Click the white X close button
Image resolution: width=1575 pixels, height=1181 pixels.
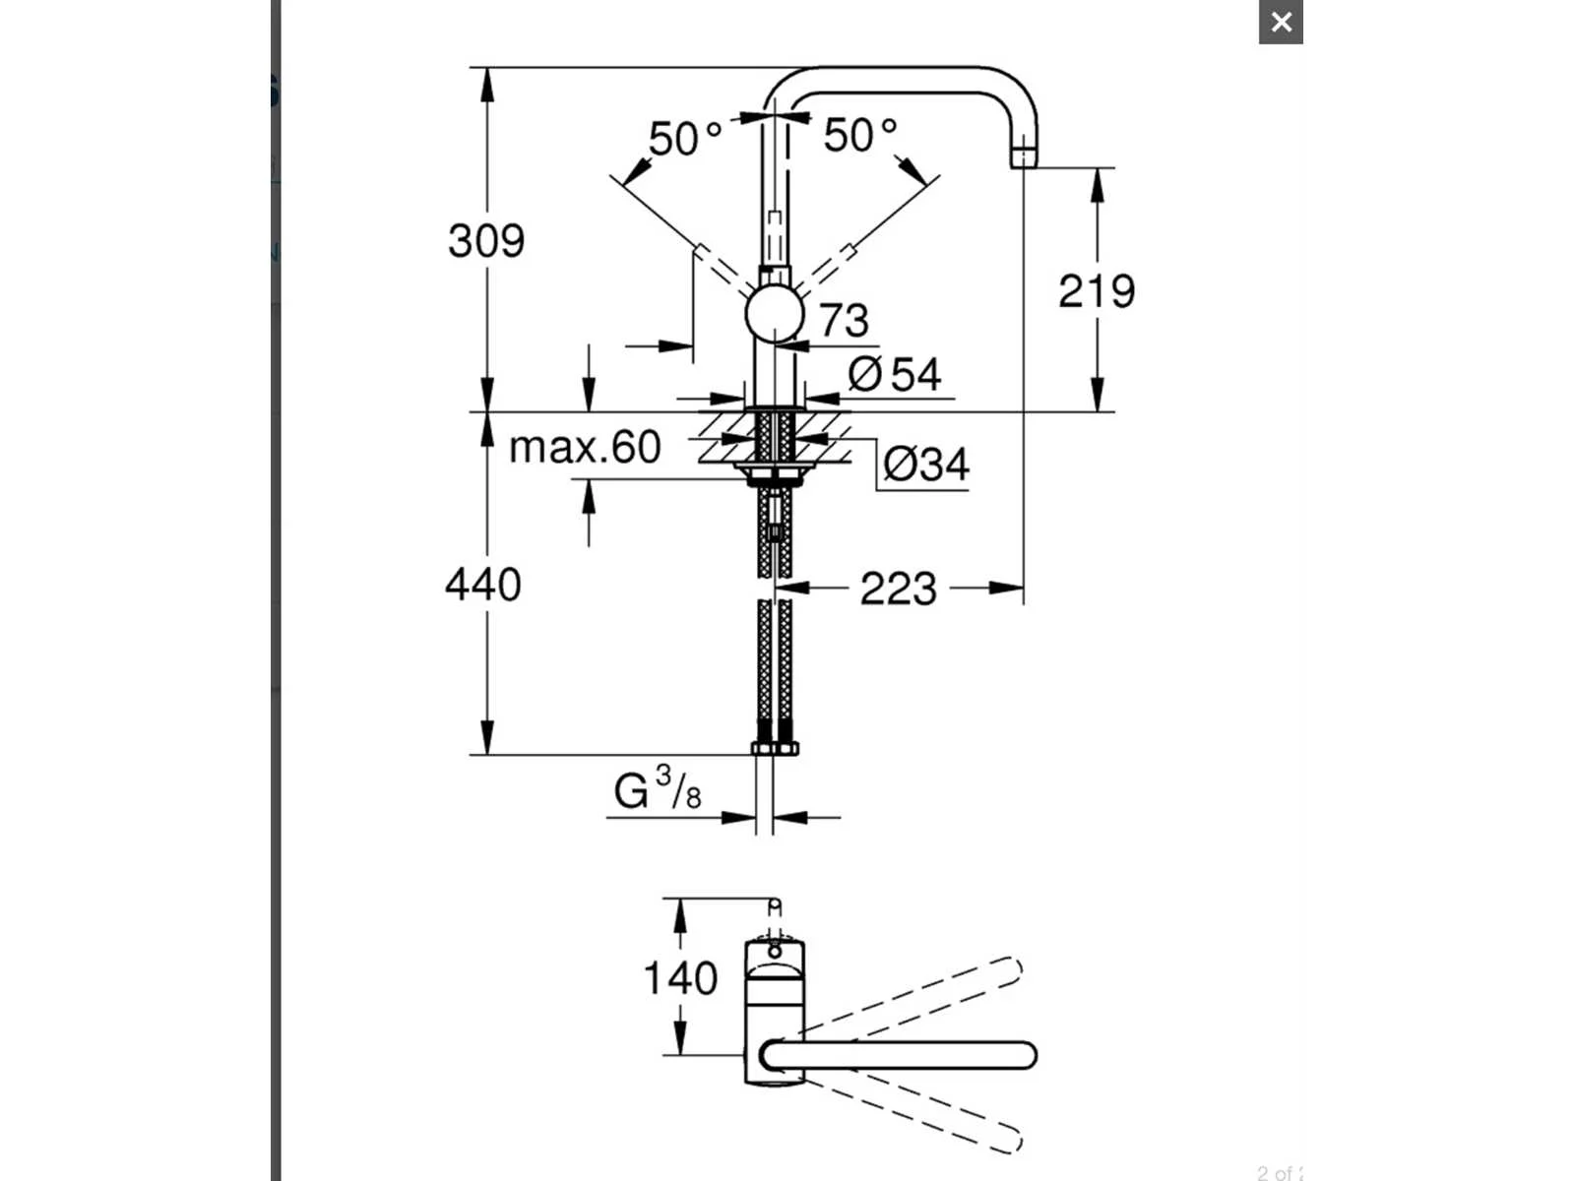[x=1281, y=23]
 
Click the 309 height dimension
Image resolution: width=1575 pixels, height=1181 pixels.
[x=486, y=241]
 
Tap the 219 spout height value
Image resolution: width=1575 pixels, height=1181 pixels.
[x=1097, y=291]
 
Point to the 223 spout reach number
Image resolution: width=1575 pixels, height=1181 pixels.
[x=899, y=589]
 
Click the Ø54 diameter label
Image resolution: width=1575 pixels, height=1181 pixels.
[x=894, y=374]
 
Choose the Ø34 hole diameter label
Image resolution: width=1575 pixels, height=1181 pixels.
[x=925, y=464]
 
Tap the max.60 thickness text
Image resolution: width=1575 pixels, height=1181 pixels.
[x=585, y=447]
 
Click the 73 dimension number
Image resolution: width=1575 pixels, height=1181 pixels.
[x=844, y=320]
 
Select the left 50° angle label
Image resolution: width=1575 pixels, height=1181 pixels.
[x=685, y=139]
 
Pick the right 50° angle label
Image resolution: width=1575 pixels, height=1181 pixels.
[x=860, y=135]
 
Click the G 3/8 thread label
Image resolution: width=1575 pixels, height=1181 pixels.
[x=658, y=788]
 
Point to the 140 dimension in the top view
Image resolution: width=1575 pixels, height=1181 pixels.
[x=680, y=977]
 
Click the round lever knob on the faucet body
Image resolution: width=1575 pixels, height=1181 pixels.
[x=775, y=314]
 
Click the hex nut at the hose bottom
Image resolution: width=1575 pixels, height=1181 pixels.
[x=775, y=749]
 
